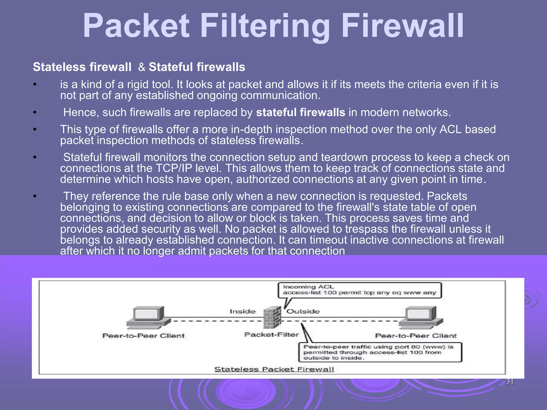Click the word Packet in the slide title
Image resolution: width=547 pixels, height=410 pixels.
pos(136,26)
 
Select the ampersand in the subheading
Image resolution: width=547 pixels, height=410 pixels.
pos(142,67)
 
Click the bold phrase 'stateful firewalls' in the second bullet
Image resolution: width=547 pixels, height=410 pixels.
pos(300,112)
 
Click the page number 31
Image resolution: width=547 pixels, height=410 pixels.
pos(510,381)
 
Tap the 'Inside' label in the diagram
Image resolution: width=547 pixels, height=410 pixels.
pos(243,312)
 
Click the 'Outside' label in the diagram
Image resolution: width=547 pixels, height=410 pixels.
pos(303,312)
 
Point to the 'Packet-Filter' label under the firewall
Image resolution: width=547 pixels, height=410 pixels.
pos(271,335)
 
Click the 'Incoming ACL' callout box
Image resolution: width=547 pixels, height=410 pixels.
pos(359,290)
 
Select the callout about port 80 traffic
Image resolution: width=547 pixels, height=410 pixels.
pos(380,352)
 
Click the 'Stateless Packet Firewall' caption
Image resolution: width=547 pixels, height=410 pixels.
pos(274,369)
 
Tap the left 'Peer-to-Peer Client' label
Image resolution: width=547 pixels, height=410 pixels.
pos(143,336)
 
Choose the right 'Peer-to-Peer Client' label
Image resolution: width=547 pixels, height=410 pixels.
pos(416,336)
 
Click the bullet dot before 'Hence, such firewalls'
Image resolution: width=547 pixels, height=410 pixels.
pos(34,113)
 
